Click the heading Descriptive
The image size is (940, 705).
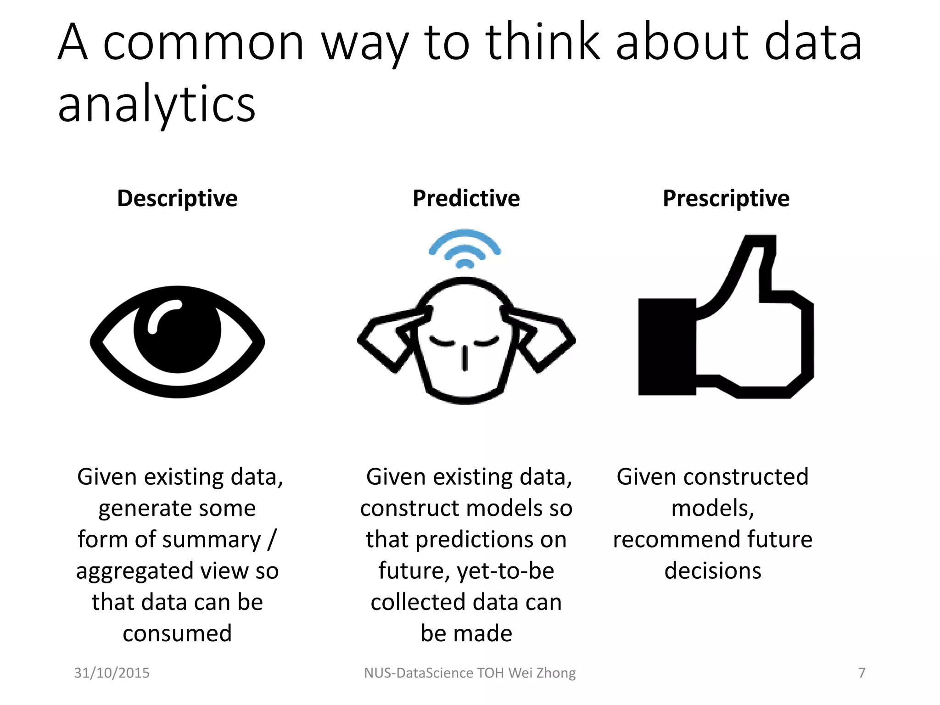[x=177, y=199]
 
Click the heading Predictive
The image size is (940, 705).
[x=466, y=199]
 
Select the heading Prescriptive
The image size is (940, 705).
[x=726, y=199]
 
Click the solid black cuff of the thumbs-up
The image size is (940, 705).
[x=666, y=347]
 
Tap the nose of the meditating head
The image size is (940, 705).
[x=464, y=358]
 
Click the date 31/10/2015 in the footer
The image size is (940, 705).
[x=112, y=673]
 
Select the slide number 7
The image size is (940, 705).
[x=862, y=673]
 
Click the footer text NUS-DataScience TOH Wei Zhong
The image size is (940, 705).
[x=470, y=673]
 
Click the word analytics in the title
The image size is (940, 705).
[x=156, y=105]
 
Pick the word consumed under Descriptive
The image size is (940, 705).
[x=177, y=633]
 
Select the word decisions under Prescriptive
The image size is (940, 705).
[x=713, y=571]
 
